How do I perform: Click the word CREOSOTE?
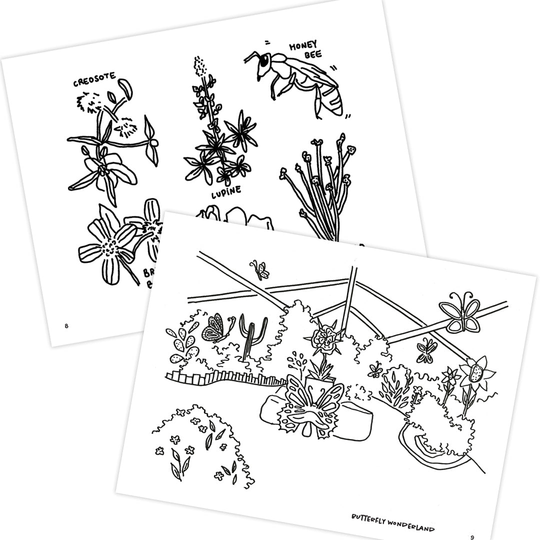(94, 80)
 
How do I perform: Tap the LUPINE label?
(225, 190)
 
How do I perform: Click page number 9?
(471, 537)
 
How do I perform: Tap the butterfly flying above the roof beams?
(260, 269)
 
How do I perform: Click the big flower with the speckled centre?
(476, 372)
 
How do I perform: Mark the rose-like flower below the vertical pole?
(323, 339)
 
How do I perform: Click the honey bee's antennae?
(251, 57)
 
